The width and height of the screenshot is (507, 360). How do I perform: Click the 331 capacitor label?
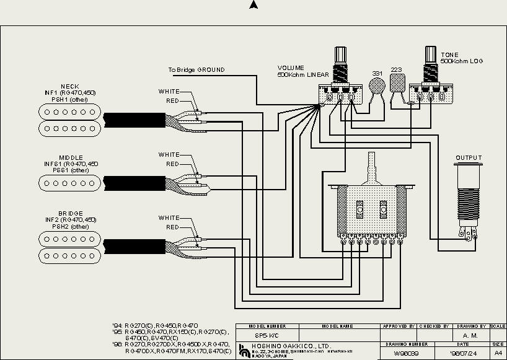(x=377, y=73)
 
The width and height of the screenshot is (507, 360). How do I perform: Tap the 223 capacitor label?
(x=396, y=69)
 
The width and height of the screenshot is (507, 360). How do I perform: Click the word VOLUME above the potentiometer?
(x=290, y=68)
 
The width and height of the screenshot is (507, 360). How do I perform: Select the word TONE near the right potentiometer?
(x=449, y=55)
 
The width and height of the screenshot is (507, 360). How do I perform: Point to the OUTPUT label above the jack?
(x=468, y=158)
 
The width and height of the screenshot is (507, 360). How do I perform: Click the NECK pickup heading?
(x=69, y=86)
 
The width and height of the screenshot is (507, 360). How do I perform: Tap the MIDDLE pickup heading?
(x=71, y=158)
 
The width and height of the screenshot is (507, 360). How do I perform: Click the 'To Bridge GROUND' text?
(x=196, y=70)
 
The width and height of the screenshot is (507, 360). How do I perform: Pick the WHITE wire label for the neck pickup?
(x=169, y=92)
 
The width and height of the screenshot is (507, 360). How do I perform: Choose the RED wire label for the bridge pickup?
(x=172, y=227)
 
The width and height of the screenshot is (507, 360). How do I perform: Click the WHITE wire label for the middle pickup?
(x=169, y=155)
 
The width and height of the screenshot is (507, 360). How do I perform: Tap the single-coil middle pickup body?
(x=69, y=182)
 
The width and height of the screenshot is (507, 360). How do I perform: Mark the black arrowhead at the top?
(x=253, y=5)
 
